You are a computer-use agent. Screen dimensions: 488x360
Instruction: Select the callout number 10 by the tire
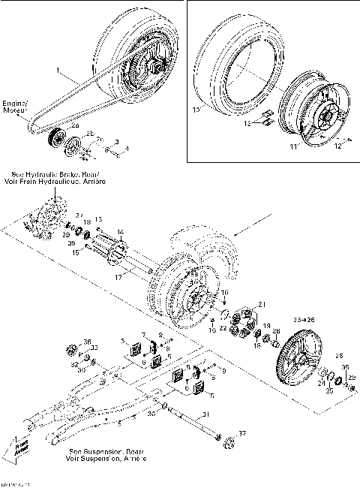[196, 110]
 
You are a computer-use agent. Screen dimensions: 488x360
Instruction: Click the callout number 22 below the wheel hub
[223, 328]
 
